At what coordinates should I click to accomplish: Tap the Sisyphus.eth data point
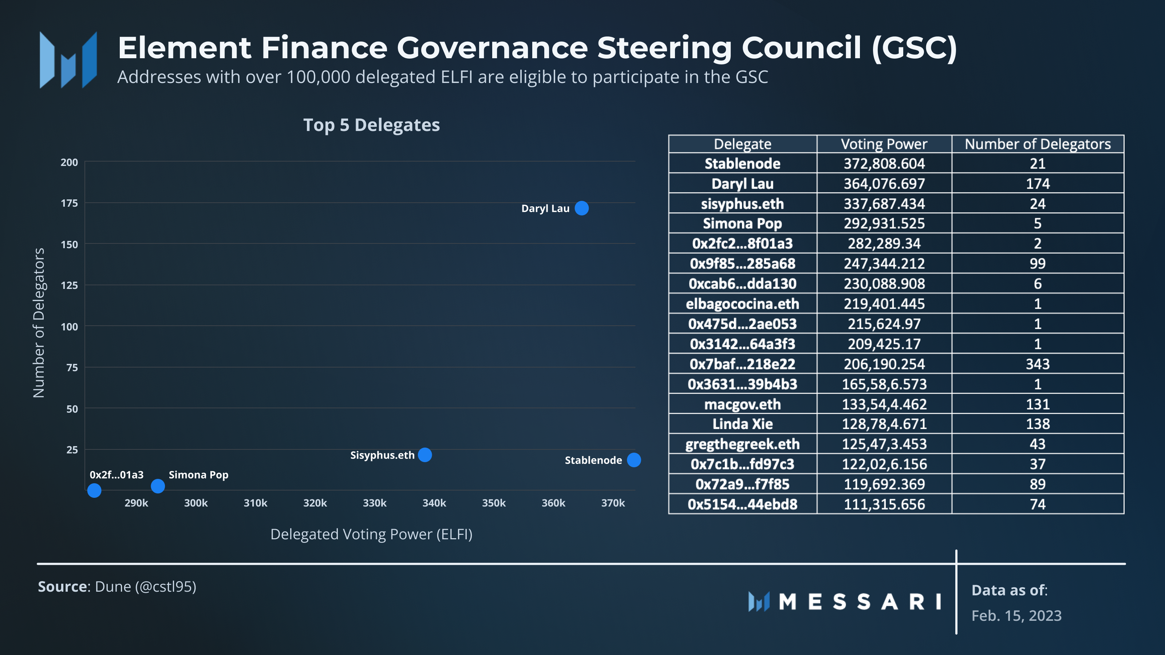(x=424, y=455)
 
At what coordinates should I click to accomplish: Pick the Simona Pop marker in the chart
(x=157, y=486)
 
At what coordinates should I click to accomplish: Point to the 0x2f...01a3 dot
(x=94, y=491)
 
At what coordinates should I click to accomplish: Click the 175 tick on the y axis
(x=69, y=203)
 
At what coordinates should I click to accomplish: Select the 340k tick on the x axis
(x=434, y=503)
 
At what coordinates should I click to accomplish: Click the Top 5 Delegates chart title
(x=371, y=125)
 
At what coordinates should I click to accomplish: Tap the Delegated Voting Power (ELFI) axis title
(x=371, y=534)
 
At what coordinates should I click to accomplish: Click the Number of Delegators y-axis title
(x=39, y=323)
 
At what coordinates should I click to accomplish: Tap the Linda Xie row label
(x=742, y=424)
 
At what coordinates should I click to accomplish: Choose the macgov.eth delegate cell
(x=742, y=404)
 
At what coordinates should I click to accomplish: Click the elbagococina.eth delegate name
(x=742, y=304)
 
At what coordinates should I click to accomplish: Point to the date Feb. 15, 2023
(x=1016, y=616)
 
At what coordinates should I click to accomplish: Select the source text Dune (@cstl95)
(x=145, y=587)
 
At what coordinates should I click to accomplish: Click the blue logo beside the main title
(x=68, y=60)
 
